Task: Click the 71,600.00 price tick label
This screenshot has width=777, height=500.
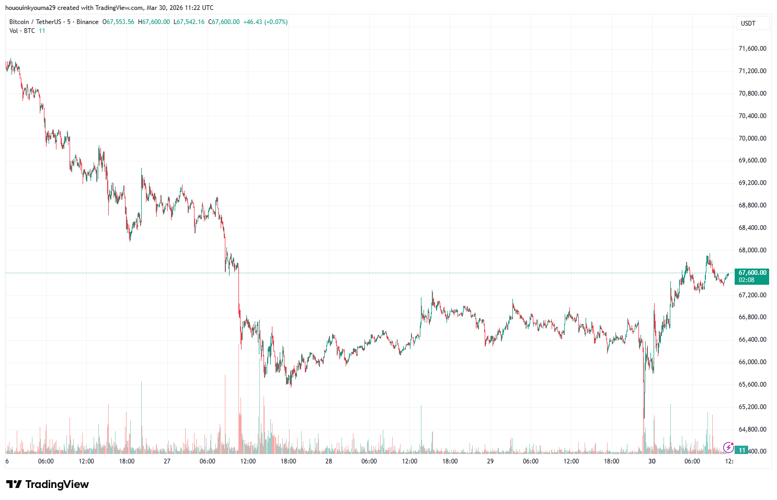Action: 752,49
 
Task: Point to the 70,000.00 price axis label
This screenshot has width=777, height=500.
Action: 752,138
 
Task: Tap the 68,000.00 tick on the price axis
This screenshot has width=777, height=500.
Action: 752,250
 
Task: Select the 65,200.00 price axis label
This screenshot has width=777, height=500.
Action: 752,407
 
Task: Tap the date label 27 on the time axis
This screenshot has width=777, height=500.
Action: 167,461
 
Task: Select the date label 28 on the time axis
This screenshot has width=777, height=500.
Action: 328,461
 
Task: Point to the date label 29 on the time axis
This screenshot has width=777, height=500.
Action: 490,461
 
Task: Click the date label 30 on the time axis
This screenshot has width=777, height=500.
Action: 652,461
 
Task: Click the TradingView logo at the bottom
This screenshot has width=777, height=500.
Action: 48,484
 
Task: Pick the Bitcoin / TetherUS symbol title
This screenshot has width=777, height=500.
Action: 35,22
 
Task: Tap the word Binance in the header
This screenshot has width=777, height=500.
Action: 87,22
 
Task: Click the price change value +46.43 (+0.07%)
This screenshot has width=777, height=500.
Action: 265,22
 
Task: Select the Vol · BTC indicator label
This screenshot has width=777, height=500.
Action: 22,31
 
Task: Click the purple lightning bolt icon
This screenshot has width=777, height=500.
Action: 728,447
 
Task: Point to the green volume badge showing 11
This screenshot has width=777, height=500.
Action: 742,450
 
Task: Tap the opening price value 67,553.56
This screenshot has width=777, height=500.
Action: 120,22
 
